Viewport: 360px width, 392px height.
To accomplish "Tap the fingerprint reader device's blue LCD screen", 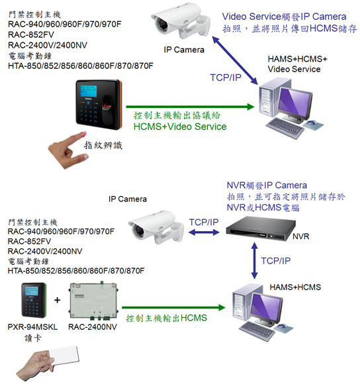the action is tap(89, 91).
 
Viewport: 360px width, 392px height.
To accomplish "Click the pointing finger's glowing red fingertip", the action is tap(83, 134).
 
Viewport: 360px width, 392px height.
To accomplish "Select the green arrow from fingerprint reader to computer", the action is tap(190, 107).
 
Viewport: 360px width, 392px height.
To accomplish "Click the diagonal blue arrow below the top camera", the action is tap(235, 60).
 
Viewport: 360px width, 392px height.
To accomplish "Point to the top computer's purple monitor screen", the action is tap(294, 102).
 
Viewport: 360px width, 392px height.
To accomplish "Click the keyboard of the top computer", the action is tap(285, 127).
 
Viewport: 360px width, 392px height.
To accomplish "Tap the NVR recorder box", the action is tap(261, 228).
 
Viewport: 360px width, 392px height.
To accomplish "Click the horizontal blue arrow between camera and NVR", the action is tap(204, 232).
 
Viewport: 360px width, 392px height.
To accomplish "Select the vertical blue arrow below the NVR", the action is tap(254, 260).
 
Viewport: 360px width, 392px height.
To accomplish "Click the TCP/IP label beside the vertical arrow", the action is tap(276, 261).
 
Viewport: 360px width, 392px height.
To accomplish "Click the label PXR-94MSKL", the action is tap(32, 326).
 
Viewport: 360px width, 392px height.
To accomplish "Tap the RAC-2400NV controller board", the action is tap(93, 301).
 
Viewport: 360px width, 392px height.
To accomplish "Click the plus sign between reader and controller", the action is tap(57, 300).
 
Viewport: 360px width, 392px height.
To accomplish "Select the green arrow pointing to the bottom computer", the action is tap(173, 307).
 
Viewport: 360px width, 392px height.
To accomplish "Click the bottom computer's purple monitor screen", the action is tap(265, 308).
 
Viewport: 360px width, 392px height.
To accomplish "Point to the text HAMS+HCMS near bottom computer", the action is tap(295, 287).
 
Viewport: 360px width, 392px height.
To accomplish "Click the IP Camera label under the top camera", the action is tap(184, 50).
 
